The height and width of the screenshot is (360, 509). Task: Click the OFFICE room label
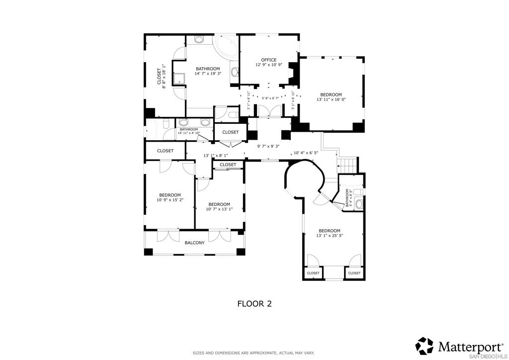click(269, 60)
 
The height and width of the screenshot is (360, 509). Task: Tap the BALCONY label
click(194, 243)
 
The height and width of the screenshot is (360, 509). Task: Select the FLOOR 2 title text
click(254, 303)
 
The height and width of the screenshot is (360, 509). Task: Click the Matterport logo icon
click(424, 346)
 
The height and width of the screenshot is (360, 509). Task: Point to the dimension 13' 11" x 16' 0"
click(331, 99)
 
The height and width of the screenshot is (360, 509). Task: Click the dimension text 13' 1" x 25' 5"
click(330, 235)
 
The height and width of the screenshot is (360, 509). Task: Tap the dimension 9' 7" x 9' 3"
click(268, 146)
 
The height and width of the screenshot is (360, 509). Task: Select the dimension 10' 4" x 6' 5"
click(306, 153)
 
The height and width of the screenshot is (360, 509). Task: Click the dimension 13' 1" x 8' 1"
click(216, 156)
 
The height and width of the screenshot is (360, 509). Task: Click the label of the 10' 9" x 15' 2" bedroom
click(170, 195)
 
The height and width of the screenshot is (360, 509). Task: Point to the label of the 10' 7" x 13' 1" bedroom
click(219, 204)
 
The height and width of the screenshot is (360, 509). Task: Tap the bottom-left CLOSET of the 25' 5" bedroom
click(313, 273)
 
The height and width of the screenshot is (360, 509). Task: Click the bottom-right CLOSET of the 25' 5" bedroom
click(354, 273)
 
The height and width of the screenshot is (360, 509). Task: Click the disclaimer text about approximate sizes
click(254, 353)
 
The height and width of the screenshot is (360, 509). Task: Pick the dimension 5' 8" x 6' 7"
click(270, 98)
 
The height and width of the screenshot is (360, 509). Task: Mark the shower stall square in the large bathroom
click(179, 79)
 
